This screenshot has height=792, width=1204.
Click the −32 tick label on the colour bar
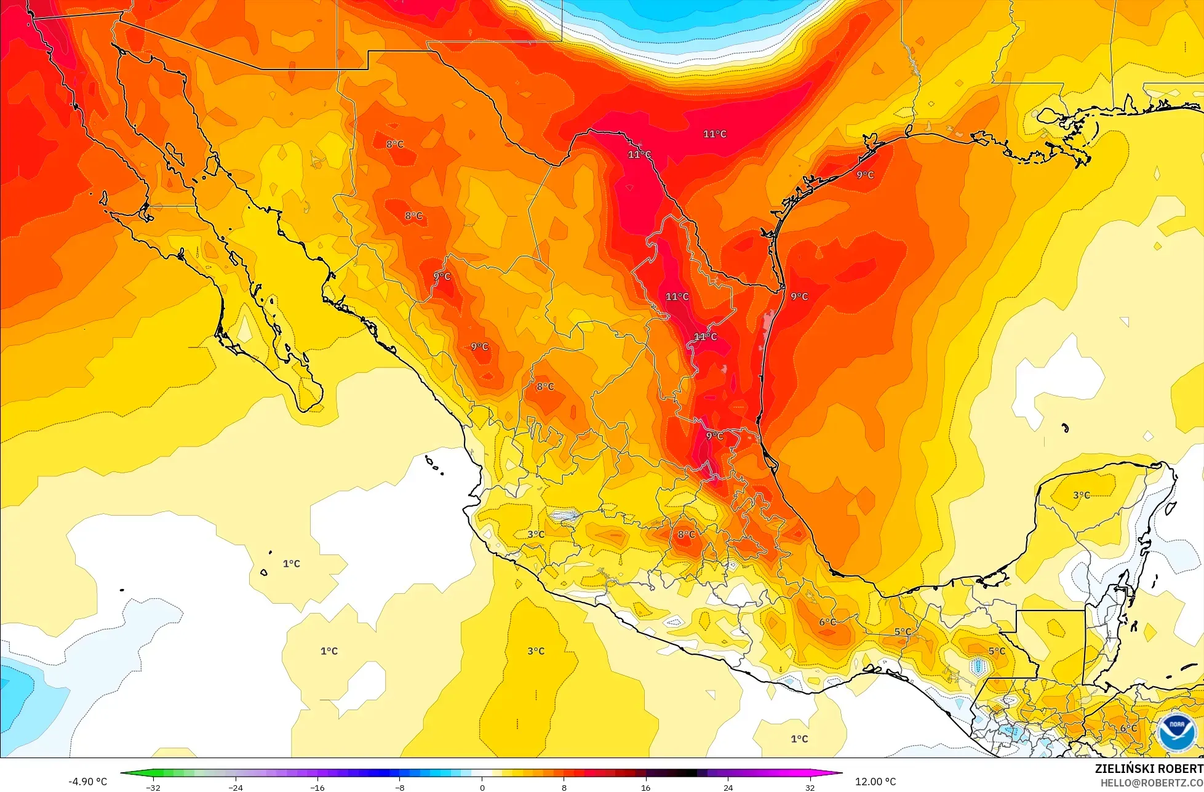click(153, 787)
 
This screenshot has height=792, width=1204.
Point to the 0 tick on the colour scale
click(482, 787)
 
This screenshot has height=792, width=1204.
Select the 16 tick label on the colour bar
click(645, 787)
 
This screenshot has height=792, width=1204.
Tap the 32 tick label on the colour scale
click(810, 787)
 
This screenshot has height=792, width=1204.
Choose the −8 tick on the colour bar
click(399, 787)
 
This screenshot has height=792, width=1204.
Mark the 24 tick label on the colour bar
click(728, 787)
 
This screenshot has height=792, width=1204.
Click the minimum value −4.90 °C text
click(87, 782)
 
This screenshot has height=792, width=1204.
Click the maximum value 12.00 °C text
click(875, 782)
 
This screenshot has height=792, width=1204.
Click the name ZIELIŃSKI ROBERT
click(1149, 769)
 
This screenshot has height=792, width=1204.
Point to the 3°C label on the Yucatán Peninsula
click(1081, 495)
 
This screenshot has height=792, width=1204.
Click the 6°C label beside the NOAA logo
click(1128, 728)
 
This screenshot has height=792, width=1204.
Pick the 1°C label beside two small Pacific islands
click(291, 564)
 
